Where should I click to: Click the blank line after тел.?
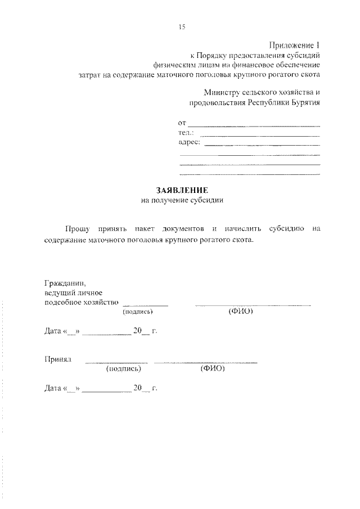tap(260, 136)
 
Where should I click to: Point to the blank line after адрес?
tap(262, 145)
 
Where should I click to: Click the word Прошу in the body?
tap(77, 229)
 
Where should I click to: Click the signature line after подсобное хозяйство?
tap(145, 305)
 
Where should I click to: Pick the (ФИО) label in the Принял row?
tap(212, 369)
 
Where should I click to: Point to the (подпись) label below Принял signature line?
tap(123, 369)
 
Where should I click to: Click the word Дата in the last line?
tap(53, 388)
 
